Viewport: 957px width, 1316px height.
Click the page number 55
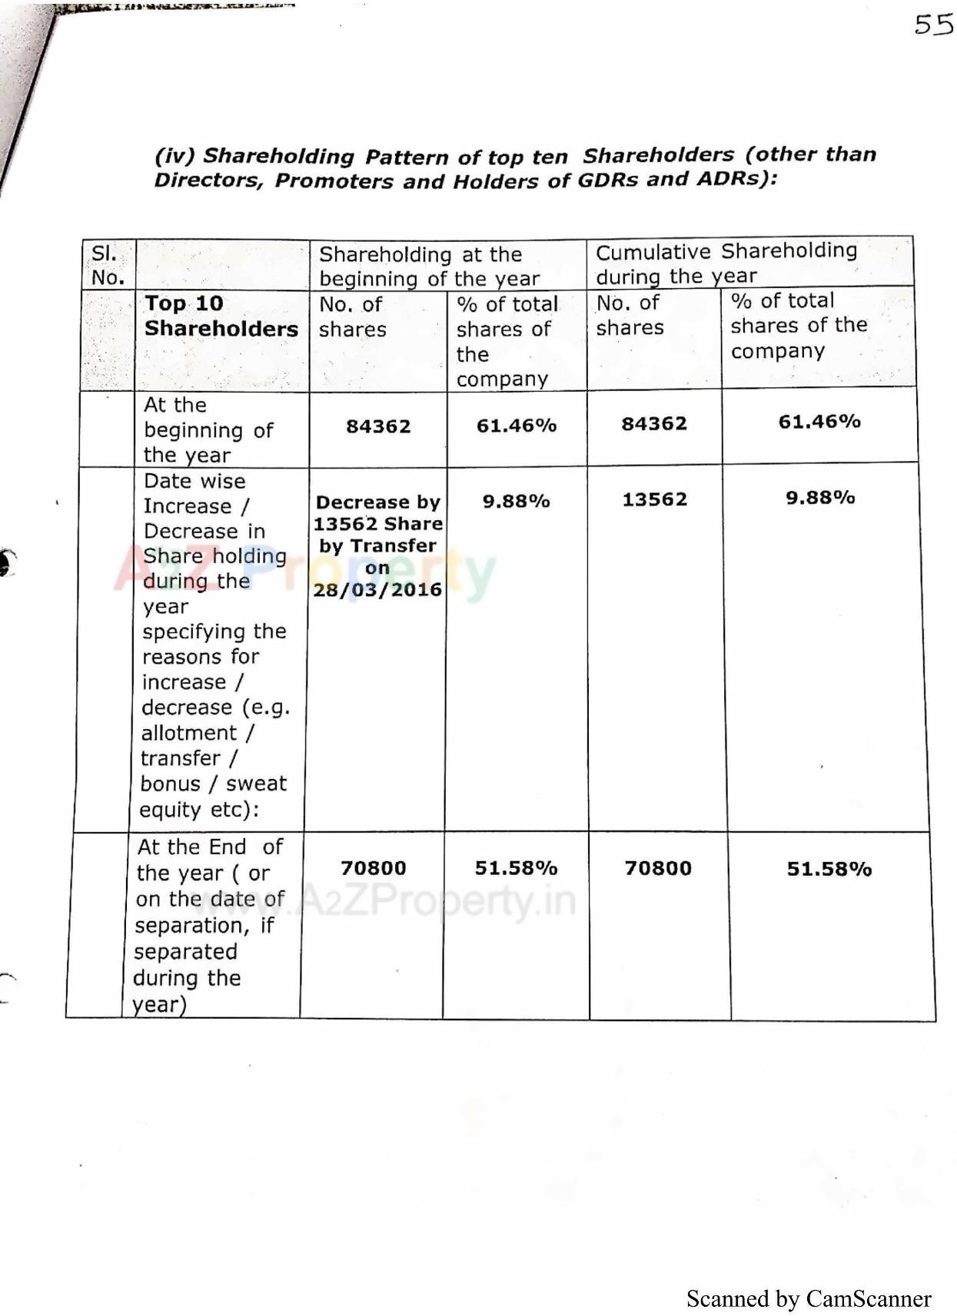[933, 25]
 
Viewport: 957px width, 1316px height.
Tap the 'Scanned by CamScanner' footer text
[809, 1298]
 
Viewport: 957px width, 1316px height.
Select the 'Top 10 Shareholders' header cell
[221, 316]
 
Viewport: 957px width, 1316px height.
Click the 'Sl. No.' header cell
[108, 265]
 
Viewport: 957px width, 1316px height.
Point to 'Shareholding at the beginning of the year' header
[429, 266]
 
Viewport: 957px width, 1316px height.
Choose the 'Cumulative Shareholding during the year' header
[726, 263]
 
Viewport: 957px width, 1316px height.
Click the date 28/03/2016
[377, 590]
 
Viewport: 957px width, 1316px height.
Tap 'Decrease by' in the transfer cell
[377, 502]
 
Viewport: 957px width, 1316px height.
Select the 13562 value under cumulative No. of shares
[654, 499]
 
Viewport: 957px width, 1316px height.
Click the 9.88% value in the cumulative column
[819, 498]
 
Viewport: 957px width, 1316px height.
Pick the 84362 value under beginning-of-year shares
[378, 426]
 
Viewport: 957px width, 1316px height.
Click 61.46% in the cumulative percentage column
[819, 421]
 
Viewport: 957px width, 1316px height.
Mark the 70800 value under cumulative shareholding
[657, 868]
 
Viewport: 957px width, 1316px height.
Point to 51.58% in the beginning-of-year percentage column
[516, 868]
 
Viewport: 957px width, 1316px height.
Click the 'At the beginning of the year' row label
[208, 429]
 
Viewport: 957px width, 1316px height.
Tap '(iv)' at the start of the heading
[174, 156]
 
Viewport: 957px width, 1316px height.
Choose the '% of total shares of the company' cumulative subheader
[799, 325]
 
